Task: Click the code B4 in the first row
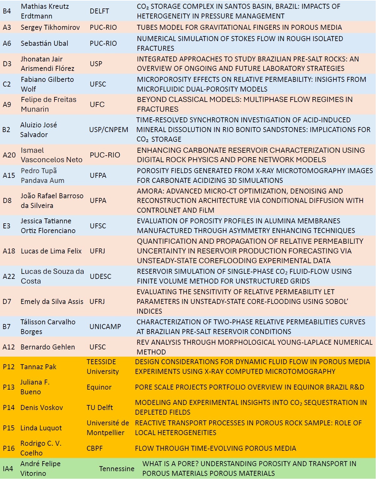[7, 11]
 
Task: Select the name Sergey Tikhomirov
[50, 28]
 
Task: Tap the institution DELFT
[99, 11]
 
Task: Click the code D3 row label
[7, 64]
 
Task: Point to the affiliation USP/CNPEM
[109, 130]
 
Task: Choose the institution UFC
[97, 104]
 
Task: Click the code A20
[9, 155]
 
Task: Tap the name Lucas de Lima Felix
[51, 251]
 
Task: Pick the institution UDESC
[100, 276]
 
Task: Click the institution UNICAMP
[105, 327]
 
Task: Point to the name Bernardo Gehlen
[48, 347]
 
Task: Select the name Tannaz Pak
[38, 367]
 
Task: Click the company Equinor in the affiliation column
[99, 387]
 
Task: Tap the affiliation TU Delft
[100, 407]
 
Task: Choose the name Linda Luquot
[41, 428]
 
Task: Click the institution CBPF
[95, 448]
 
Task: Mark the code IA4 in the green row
[8, 469]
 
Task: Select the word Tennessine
[116, 469]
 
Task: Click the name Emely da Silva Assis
[52, 301]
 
